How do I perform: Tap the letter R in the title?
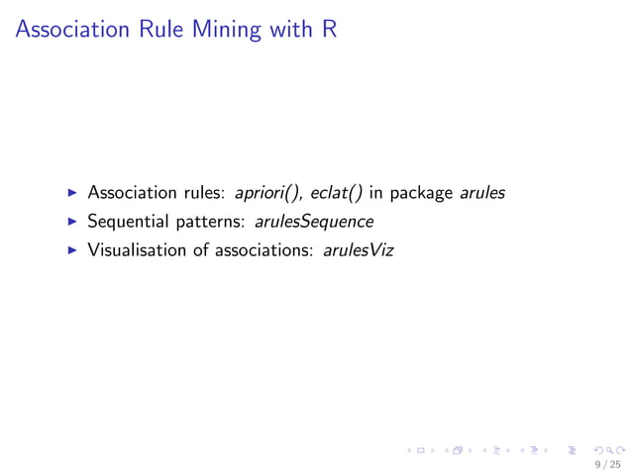click(x=329, y=30)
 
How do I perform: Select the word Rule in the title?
click(x=151, y=30)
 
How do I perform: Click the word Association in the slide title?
click(x=67, y=30)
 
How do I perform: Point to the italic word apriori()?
click(x=266, y=193)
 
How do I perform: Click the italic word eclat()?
click(x=336, y=193)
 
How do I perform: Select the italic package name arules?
click(x=482, y=193)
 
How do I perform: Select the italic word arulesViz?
click(x=358, y=250)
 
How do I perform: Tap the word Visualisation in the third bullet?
click(x=136, y=250)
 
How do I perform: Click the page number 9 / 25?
click(x=607, y=463)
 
